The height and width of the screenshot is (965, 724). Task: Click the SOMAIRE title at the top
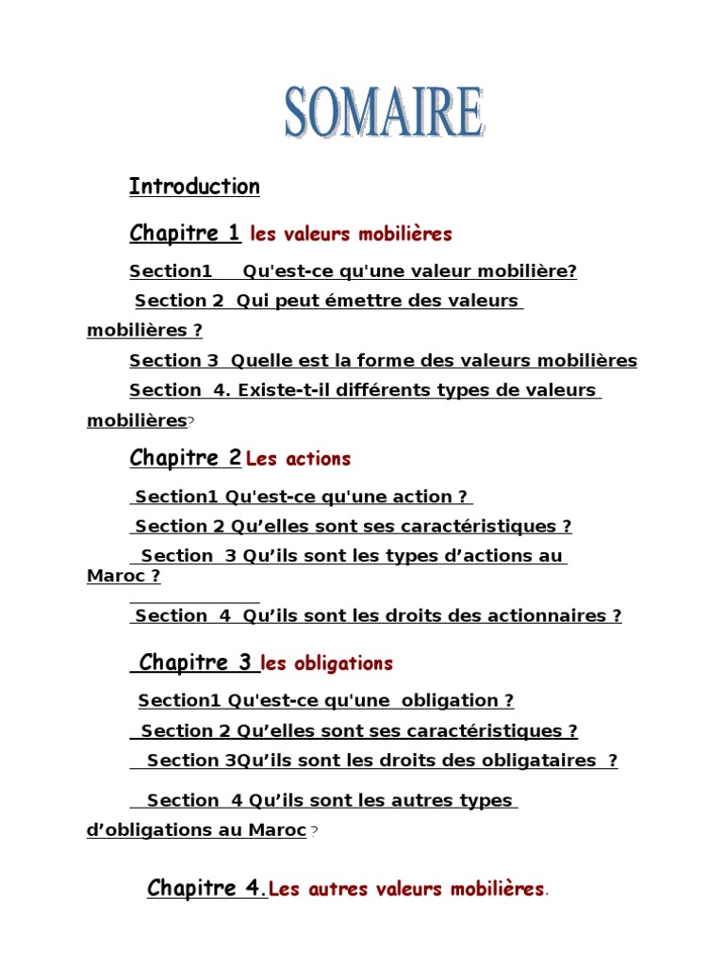point(385,115)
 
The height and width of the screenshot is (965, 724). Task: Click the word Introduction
point(194,187)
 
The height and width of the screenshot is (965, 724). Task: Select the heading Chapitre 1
point(185,233)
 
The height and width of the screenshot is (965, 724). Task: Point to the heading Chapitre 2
point(185,458)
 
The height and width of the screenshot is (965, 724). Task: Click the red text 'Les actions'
point(298,459)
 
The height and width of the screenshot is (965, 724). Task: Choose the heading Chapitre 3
point(195,662)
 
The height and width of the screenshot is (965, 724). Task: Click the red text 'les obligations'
point(326,663)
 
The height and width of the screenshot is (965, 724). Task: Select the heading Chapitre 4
point(206,888)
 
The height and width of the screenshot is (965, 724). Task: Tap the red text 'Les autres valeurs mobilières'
point(406,889)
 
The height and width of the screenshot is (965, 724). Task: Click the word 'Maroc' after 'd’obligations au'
point(277,830)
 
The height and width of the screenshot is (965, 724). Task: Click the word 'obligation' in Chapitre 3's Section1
point(448,700)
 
